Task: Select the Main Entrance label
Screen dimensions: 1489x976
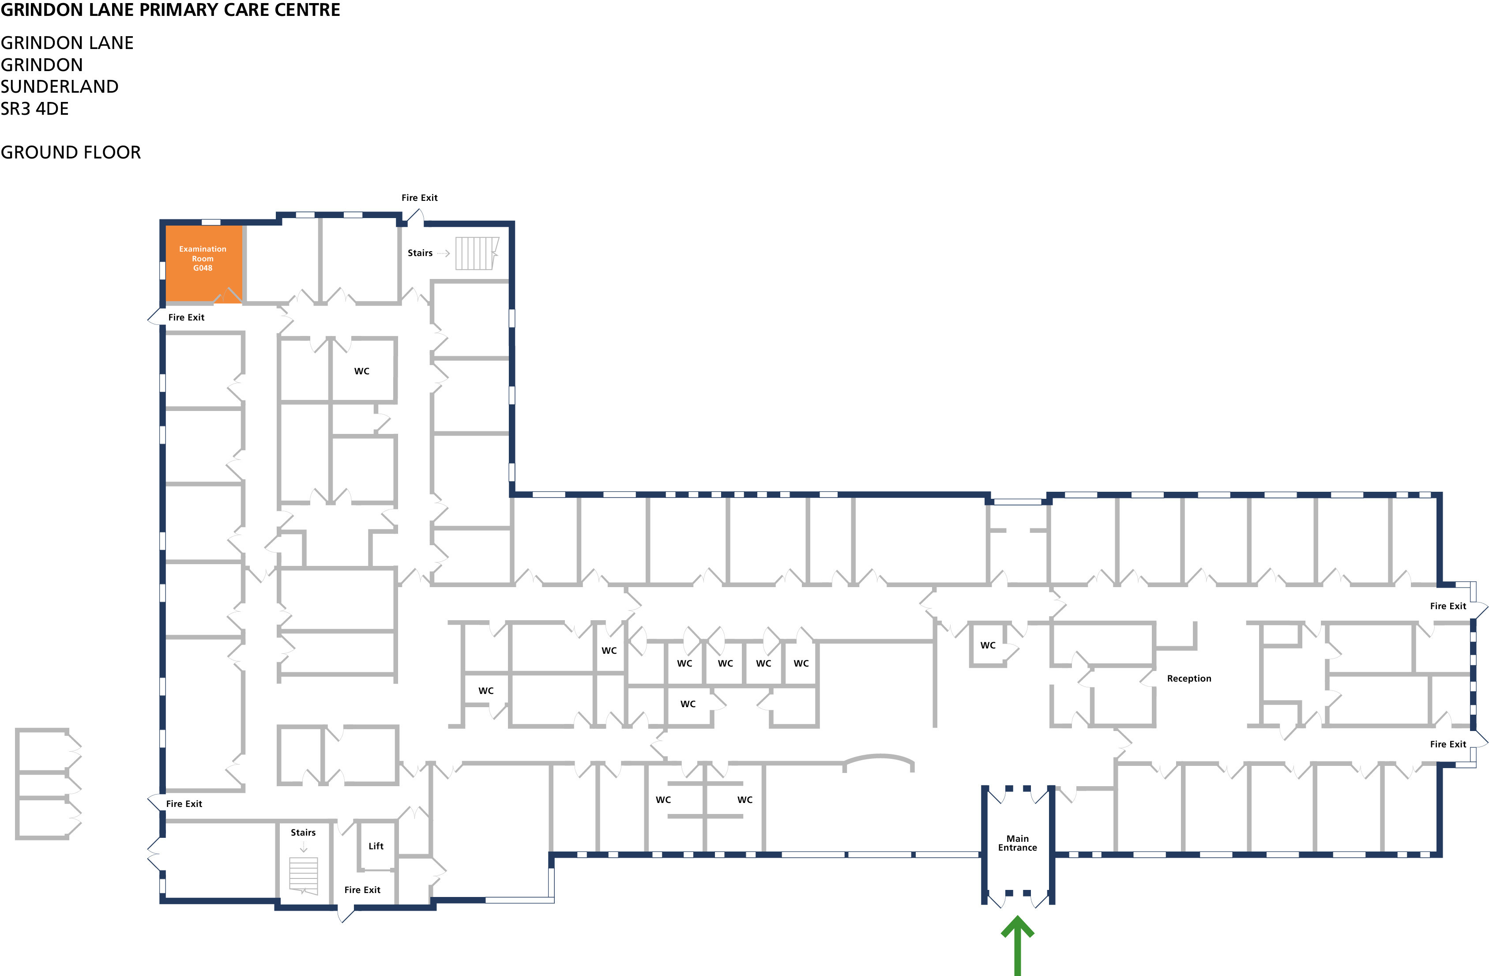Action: coord(1017,843)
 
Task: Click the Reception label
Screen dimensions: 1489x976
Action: coord(1189,678)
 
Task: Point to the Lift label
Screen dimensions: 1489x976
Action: coord(376,846)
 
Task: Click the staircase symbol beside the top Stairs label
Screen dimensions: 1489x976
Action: coord(477,253)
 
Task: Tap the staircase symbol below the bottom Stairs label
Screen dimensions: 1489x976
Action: coord(304,875)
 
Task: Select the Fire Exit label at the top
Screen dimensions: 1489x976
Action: coord(419,198)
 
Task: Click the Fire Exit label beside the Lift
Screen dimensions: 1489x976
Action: coord(362,889)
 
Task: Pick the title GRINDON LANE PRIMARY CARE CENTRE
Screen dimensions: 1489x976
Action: coord(170,10)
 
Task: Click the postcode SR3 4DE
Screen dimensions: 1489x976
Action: coord(34,109)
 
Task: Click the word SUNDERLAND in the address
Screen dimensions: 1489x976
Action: coord(60,87)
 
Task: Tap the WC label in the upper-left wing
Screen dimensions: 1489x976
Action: coord(361,371)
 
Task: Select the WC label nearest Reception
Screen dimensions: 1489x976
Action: coord(988,645)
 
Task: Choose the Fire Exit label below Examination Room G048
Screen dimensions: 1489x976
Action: coord(186,317)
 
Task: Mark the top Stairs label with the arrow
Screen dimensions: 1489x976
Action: coord(429,253)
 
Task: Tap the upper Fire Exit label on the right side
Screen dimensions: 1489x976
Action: coord(1448,606)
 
